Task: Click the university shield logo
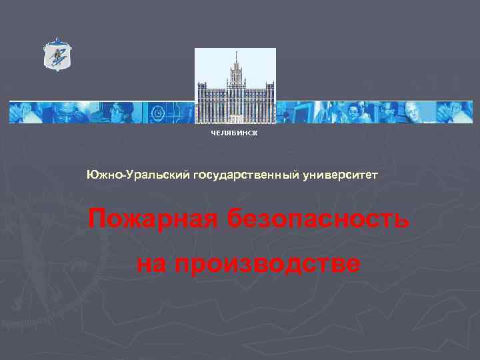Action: [57, 54]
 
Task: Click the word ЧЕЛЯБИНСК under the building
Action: [234, 133]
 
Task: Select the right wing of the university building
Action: [261, 103]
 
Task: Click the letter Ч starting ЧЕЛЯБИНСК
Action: [213, 133]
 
